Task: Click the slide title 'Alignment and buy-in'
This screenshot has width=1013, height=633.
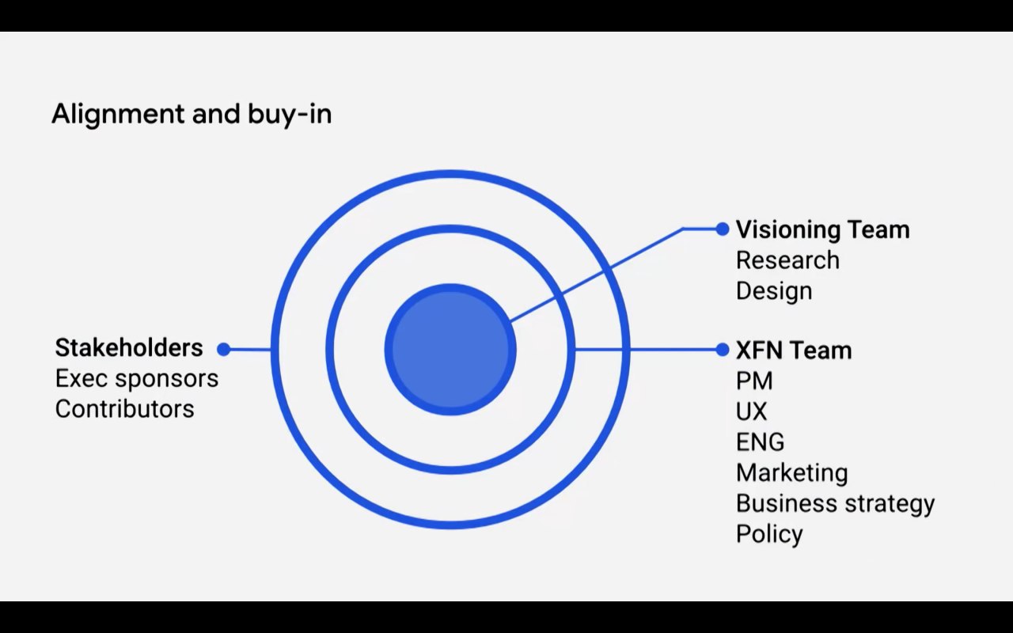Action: pyautogui.click(x=192, y=115)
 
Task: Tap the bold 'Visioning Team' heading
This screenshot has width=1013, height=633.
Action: pyautogui.click(x=822, y=229)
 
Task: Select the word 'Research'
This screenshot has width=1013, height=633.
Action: pyautogui.click(x=787, y=260)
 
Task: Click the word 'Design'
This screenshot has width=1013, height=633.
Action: pyautogui.click(x=774, y=290)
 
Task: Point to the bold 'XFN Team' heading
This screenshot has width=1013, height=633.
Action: pyautogui.click(x=794, y=350)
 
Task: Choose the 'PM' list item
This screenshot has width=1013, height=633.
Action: pyautogui.click(x=754, y=381)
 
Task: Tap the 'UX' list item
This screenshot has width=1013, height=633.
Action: pyautogui.click(x=751, y=411)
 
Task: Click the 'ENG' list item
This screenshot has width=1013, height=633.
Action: pyautogui.click(x=760, y=442)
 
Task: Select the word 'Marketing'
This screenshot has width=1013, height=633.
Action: pyautogui.click(x=791, y=472)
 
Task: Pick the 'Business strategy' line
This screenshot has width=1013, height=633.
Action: pyautogui.click(x=835, y=503)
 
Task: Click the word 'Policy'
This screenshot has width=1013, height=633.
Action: pyautogui.click(x=769, y=534)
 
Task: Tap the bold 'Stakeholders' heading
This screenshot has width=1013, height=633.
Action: pyautogui.click(x=129, y=347)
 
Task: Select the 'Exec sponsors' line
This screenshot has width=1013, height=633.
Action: pyautogui.click(x=136, y=378)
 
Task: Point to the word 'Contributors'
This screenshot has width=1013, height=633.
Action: pyautogui.click(x=124, y=409)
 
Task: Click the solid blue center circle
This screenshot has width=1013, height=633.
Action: pyautogui.click(x=450, y=349)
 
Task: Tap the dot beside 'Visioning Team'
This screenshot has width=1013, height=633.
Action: pyautogui.click(x=722, y=229)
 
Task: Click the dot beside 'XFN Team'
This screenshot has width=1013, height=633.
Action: pyautogui.click(x=722, y=350)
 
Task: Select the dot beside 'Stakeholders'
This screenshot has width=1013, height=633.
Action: pyautogui.click(x=224, y=349)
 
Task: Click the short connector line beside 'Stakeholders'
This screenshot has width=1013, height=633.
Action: pyautogui.click(x=249, y=349)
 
